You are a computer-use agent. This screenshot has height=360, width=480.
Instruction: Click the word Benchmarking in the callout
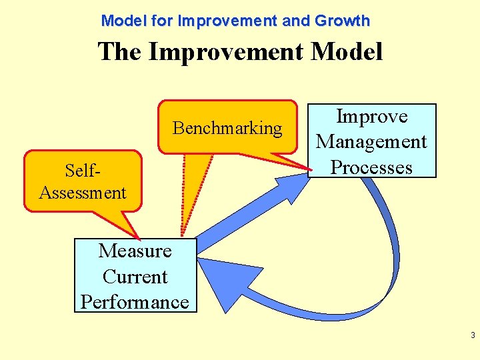coord(227,128)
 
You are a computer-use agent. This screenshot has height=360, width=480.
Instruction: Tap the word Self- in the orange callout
coord(82,171)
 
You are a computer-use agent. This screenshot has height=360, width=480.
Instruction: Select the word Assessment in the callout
coord(83,193)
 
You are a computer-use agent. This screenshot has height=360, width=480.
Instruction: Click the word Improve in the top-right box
coord(371,117)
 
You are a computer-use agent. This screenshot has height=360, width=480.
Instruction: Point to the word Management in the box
coord(371,141)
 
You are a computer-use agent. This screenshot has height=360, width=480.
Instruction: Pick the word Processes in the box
coord(371,167)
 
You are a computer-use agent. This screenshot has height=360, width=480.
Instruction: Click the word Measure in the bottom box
coord(135,251)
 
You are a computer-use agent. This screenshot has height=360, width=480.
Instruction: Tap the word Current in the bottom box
coord(135,277)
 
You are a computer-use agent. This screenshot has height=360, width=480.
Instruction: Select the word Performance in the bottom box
coord(135,302)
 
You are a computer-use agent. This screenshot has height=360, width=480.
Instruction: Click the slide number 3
coord(472,335)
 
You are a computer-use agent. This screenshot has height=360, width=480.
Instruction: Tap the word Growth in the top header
coord(342,21)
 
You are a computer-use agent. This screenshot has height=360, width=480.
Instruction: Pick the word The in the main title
coord(120,51)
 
